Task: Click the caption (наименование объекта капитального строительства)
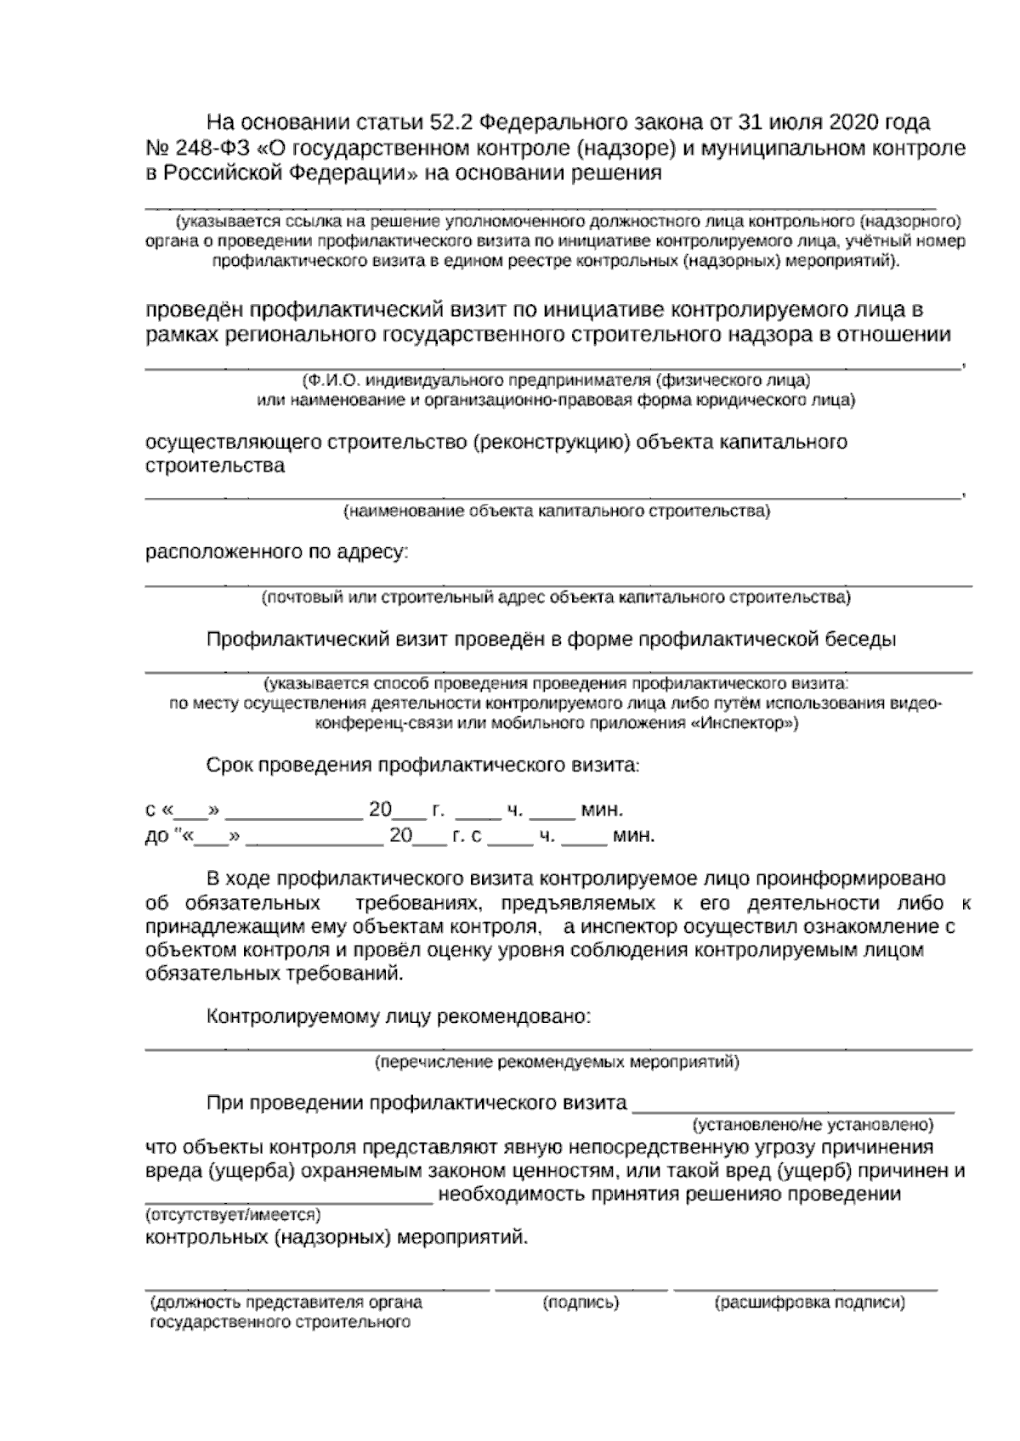(557, 511)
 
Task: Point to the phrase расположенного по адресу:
(277, 552)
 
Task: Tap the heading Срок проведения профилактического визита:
(422, 765)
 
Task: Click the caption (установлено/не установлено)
(813, 1125)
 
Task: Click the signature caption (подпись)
(581, 1302)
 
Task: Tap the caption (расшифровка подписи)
(810, 1302)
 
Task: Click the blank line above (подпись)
(581, 1289)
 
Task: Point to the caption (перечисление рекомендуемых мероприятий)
(557, 1062)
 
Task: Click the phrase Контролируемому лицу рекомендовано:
(399, 1016)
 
